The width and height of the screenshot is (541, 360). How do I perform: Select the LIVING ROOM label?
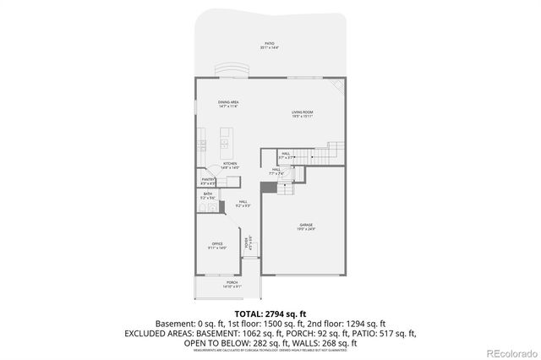click(x=303, y=113)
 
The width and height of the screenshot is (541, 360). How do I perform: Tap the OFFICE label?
click(x=217, y=246)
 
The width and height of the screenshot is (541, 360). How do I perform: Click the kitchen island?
click(x=227, y=137)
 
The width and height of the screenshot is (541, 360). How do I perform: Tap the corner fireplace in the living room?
click(x=338, y=87)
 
